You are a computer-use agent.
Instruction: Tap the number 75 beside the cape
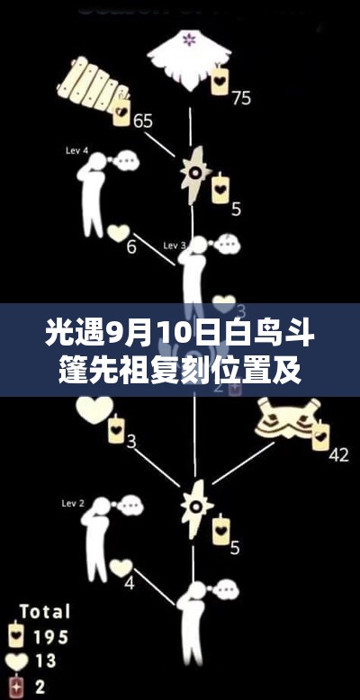241,97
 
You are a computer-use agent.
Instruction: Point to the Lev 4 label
76,150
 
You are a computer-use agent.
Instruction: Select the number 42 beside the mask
338,454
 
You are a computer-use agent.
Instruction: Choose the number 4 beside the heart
129,582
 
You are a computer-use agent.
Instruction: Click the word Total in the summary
44,612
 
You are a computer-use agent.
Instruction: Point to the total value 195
49,637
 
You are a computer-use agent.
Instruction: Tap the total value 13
46,662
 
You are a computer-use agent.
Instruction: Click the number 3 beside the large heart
131,441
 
